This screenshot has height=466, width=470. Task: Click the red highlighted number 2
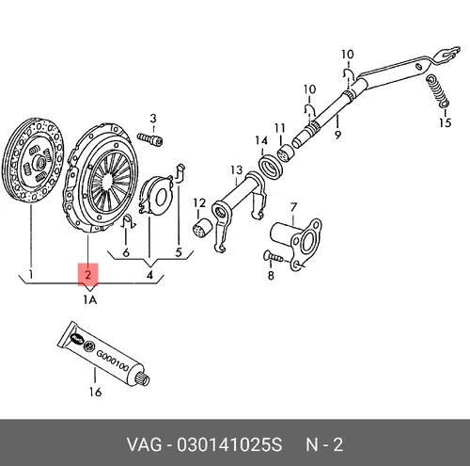point(88,275)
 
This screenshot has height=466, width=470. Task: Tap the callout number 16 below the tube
point(95,392)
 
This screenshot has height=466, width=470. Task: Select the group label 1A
point(90,300)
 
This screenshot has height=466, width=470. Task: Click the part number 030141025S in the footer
point(229,445)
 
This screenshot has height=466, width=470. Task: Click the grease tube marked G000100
point(104,353)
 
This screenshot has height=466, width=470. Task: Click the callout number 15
point(445,122)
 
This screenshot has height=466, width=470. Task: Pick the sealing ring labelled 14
point(271,168)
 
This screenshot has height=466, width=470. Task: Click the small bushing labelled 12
point(201,227)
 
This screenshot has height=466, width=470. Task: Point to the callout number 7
point(293,207)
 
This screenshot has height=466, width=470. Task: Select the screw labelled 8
point(274,258)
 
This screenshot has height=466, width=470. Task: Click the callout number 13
point(237,170)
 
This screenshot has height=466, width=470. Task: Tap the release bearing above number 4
point(155,195)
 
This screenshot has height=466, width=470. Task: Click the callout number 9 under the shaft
point(337,135)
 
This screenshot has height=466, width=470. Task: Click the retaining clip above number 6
point(128,222)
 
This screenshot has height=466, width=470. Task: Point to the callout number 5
point(179,252)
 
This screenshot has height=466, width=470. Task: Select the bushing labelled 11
point(287,153)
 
